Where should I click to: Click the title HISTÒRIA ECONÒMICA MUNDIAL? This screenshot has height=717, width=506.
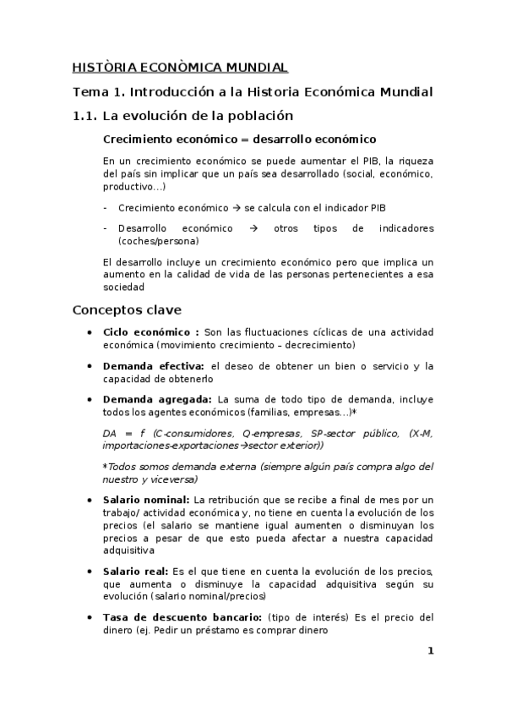click(180, 67)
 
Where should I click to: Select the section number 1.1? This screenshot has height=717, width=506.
click(88, 116)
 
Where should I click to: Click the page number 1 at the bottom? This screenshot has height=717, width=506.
click(430, 650)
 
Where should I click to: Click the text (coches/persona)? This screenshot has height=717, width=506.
click(159, 240)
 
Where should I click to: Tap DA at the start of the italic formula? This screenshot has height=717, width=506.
click(110, 434)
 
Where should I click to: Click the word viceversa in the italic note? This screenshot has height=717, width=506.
click(175, 479)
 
